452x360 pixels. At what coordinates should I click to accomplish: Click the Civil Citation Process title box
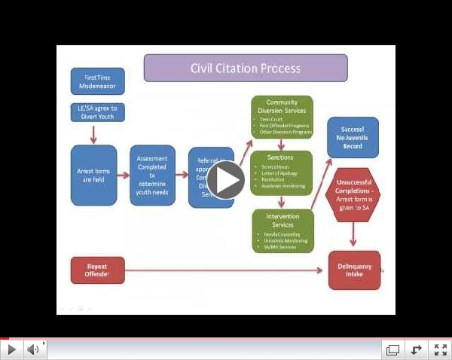pos(245,69)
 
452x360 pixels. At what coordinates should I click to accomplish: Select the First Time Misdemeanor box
pos(97,81)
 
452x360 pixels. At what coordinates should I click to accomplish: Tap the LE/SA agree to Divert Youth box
pos(97,112)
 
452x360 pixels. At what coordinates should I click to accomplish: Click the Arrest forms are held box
pos(93,175)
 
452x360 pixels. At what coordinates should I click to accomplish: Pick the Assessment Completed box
pos(152,175)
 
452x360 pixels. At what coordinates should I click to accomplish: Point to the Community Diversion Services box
pos(282,117)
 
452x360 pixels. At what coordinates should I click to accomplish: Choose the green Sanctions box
pos(282,172)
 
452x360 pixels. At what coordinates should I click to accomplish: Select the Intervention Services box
pos(282,230)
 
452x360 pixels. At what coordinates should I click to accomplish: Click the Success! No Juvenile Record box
pos(353,137)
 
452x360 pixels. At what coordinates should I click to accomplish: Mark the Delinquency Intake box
pos(354,270)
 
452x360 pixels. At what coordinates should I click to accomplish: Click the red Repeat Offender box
pos(97,270)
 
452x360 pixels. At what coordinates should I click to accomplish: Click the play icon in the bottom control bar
pos(12,349)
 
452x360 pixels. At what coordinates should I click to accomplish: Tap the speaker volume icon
pos(33,349)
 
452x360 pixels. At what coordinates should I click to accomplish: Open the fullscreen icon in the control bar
pos(439,349)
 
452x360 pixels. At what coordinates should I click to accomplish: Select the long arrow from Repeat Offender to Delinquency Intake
pos(226,270)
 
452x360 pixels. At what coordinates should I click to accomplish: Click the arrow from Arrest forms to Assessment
pos(123,175)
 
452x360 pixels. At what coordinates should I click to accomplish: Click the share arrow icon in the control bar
pos(416,349)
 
